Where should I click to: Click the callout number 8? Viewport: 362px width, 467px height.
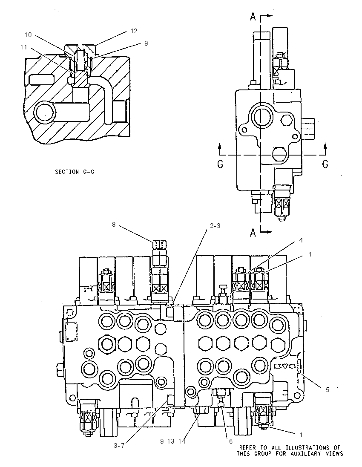pos(113,224)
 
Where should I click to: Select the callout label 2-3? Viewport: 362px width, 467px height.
pos(215,226)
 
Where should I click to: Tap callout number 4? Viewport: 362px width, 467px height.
pos(301,240)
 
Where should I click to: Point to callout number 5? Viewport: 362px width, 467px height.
pos(328,389)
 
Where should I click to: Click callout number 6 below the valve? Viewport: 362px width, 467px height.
pos(231,441)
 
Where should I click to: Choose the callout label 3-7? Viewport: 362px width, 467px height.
pos(119,446)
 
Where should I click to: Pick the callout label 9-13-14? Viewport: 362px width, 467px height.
pos(172,441)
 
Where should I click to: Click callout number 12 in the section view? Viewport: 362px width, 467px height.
pos(134,31)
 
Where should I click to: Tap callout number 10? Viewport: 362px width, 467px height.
pos(28,35)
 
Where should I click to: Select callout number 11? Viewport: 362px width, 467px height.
pos(24,47)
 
